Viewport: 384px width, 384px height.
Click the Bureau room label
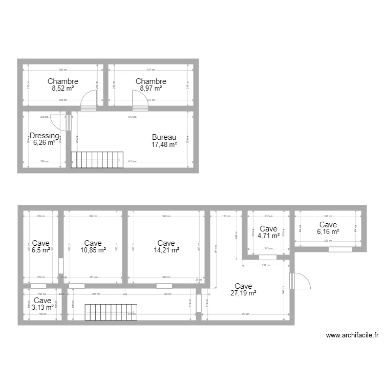[x=164, y=137]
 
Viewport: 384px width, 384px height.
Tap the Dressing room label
[x=45, y=136]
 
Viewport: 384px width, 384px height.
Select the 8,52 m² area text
[x=63, y=88]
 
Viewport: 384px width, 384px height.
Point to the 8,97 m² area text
[x=151, y=88]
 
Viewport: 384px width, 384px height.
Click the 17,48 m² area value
[x=164, y=144]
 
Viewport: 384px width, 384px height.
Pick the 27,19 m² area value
[x=243, y=293]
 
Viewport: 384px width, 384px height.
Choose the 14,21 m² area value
[x=166, y=250]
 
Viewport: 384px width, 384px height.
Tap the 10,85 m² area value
[x=93, y=250]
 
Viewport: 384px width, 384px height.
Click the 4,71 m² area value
[x=268, y=236]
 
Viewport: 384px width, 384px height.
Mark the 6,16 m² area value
[x=328, y=231]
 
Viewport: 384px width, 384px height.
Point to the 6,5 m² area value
[x=41, y=250]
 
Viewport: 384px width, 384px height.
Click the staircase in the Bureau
[x=97, y=159]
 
